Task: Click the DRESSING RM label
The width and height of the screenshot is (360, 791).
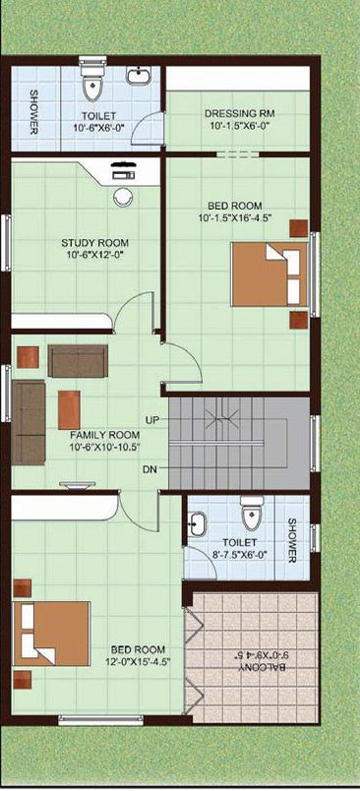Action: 239,113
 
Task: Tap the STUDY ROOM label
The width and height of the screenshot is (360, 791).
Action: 94,242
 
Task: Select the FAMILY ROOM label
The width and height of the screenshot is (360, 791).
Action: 105,434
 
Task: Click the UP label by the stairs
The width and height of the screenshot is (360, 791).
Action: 152,419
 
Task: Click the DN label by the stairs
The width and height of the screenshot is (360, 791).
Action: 150,469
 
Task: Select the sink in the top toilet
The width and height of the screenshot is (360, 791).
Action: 137,76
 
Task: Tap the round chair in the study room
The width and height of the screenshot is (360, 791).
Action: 122,196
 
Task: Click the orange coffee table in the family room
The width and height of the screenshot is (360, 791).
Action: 69,410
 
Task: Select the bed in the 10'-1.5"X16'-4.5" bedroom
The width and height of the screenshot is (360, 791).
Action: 270,274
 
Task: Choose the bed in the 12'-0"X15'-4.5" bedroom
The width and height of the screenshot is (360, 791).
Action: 51,634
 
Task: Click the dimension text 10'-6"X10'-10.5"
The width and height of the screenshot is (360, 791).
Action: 105,447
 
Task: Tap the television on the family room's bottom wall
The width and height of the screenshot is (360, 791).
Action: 77,485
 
